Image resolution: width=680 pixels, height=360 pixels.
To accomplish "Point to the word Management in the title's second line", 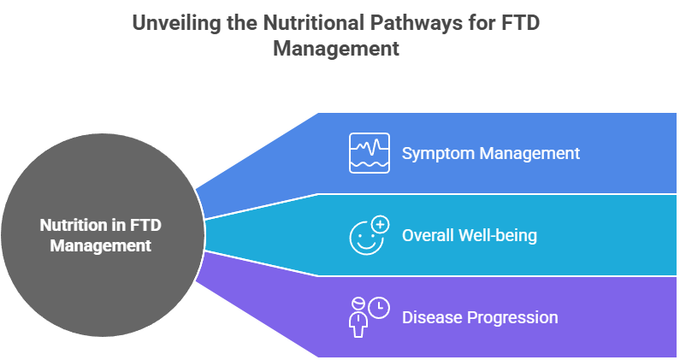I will pyautogui.click(x=336, y=49).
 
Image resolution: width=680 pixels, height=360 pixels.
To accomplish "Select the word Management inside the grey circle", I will pyautogui.click(x=100, y=245).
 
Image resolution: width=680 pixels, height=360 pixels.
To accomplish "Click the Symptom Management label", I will pyautogui.click(x=490, y=154).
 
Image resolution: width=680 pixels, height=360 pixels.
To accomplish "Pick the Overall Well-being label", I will pyautogui.click(x=469, y=235).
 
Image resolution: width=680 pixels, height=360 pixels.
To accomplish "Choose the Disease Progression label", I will pyautogui.click(x=479, y=317).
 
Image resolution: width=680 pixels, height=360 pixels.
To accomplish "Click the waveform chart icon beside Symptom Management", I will pyautogui.click(x=369, y=153).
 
